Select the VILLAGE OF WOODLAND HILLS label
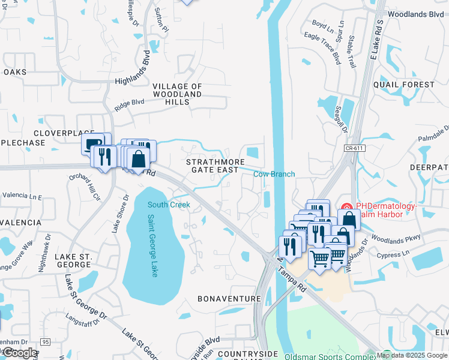[x=177, y=94]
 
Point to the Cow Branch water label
[x=274, y=174]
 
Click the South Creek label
[x=169, y=205]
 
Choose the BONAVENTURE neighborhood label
[x=229, y=298]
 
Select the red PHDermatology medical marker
[x=347, y=207]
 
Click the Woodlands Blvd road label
[x=416, y=13]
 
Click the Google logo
[x=20, y=353]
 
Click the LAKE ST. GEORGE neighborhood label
[x=73, y=260]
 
